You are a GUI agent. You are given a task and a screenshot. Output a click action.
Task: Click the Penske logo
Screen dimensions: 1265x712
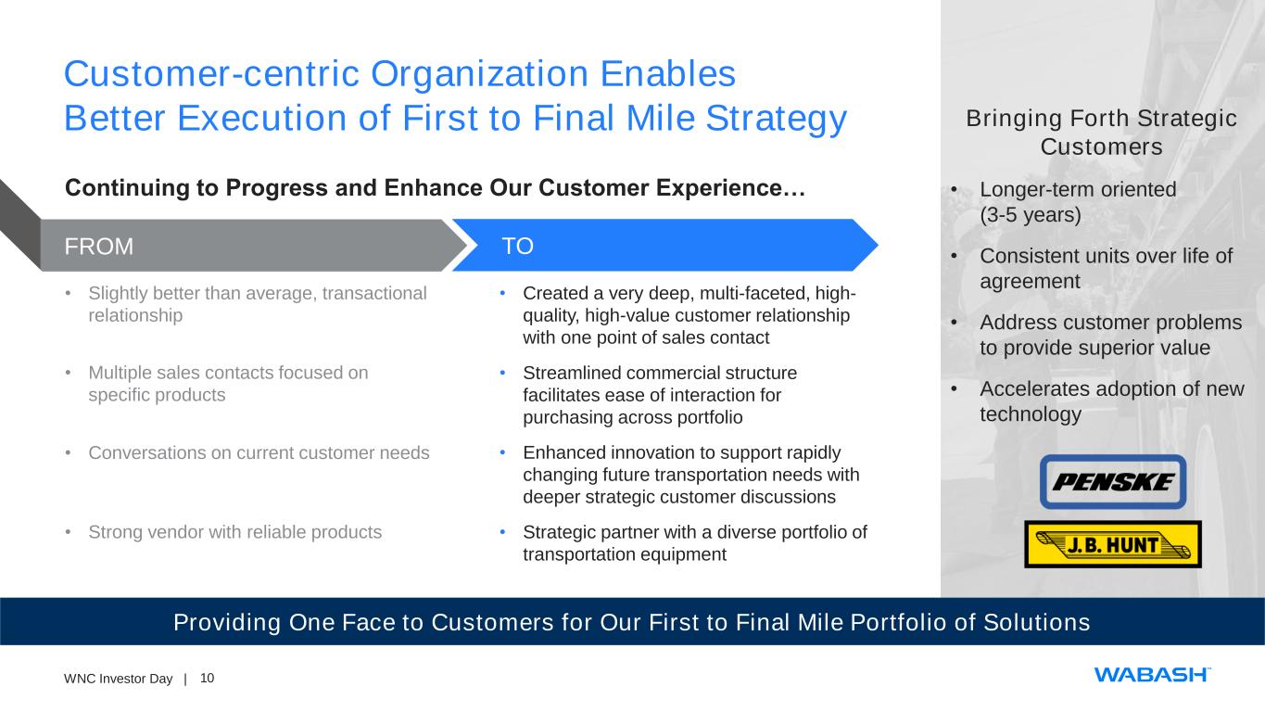coord(1113,482)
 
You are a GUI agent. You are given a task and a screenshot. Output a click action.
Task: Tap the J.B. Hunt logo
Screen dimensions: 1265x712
coord(1113,544)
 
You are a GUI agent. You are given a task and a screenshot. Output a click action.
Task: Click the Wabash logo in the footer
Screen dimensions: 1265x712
coord(1152,675)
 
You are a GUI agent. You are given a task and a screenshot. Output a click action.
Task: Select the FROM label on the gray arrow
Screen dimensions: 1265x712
coord(99,247)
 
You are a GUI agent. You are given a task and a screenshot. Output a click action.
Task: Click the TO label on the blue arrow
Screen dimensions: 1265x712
coord(517,247)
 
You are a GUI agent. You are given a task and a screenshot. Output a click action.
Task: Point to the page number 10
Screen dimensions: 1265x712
coord(208,678)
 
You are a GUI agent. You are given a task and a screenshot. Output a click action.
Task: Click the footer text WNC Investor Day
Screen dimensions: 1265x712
coord(118,679)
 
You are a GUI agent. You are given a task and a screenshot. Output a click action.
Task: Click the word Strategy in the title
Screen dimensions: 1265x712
coord(777,120)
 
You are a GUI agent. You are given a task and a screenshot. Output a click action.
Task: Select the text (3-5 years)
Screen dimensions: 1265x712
coord(1031,215)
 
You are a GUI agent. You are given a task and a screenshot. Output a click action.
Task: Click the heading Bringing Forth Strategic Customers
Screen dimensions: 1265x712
coord(1101,133)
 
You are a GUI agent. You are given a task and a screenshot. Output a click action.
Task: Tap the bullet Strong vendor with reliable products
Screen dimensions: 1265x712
coord(235,532)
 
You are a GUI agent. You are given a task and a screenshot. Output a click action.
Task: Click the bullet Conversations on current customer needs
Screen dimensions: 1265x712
coord(259,452)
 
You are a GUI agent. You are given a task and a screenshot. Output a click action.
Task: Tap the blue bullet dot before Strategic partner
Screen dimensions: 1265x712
coord(502,532)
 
